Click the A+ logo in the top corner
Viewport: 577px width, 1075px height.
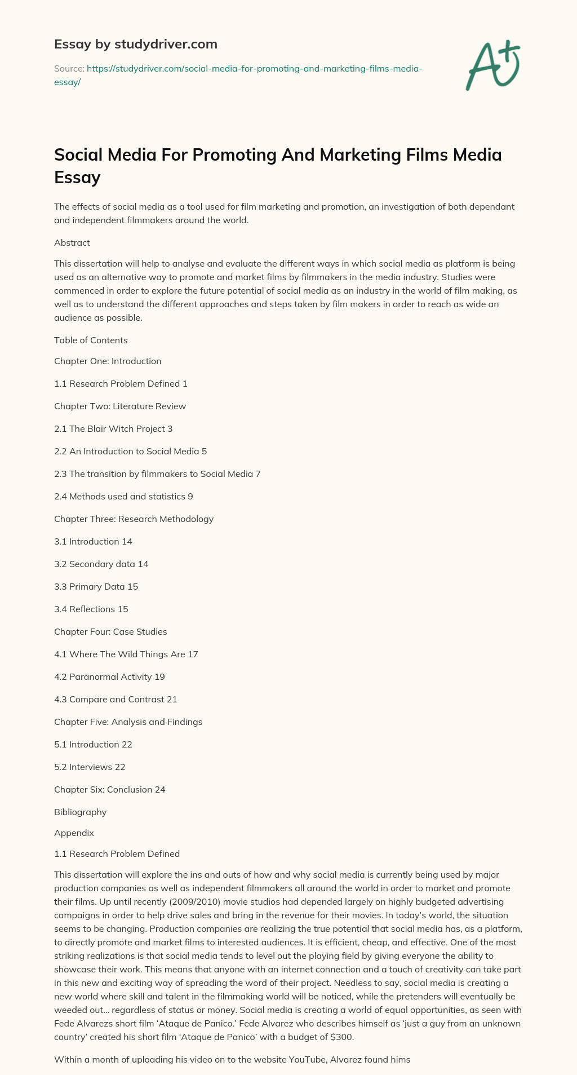(x=492, y=65)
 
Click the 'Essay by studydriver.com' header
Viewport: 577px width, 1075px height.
(x=135, y=44)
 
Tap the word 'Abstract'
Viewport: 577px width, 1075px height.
(x=72, y=243)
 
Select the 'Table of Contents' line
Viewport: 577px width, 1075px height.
(x=91, y=340)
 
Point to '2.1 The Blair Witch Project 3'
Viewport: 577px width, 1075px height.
(x=113, y=428)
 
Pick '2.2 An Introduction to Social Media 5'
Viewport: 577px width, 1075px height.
(x=131, y=451)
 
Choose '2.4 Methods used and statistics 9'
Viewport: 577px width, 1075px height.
(x=123, y=496)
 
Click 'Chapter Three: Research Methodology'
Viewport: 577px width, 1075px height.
(x=134, y=519)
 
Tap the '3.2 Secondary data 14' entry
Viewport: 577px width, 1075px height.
(x=101, y=564)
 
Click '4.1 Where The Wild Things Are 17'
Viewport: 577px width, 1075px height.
(x=126, y=654)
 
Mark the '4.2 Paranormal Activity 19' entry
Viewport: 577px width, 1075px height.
(x=109, y=676)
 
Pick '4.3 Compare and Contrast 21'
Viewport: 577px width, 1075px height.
(x=116, y=699)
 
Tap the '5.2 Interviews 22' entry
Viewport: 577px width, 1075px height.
(x=90, y=767)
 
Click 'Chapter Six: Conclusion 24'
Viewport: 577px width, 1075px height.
(x=110, y=789)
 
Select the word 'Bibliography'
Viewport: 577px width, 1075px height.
(x=80, y=812)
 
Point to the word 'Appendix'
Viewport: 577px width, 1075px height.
(x=74, y=833)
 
